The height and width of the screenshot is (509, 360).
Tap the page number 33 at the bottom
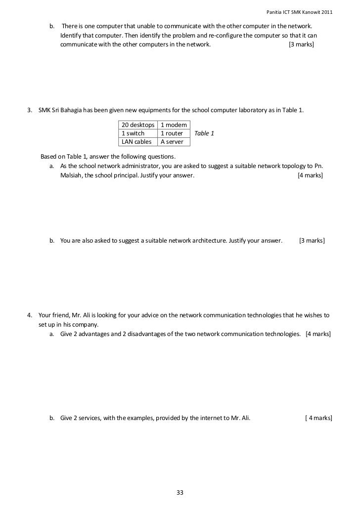coord(180,492)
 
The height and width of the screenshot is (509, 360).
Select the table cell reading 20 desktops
coord(138,126)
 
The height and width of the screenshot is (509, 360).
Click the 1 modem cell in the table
coord(174,126)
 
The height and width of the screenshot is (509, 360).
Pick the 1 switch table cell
coord(133,133)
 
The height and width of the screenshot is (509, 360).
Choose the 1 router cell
coord(172,133)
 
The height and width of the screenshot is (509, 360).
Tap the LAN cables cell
coord(136,142)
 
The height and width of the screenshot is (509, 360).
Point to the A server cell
coord(172,142)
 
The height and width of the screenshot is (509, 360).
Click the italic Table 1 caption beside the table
coord(204,133)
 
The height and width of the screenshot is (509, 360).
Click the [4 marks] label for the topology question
coord(310,175)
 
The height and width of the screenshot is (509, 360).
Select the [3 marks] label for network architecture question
coord(312,241)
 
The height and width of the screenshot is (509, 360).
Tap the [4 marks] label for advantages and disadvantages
coord(318,334)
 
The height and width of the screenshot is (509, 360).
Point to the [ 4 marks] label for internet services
coord(318,418)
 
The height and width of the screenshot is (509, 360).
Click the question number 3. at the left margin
coord(30,110)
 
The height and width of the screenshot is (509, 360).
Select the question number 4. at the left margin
coord(30,315)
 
